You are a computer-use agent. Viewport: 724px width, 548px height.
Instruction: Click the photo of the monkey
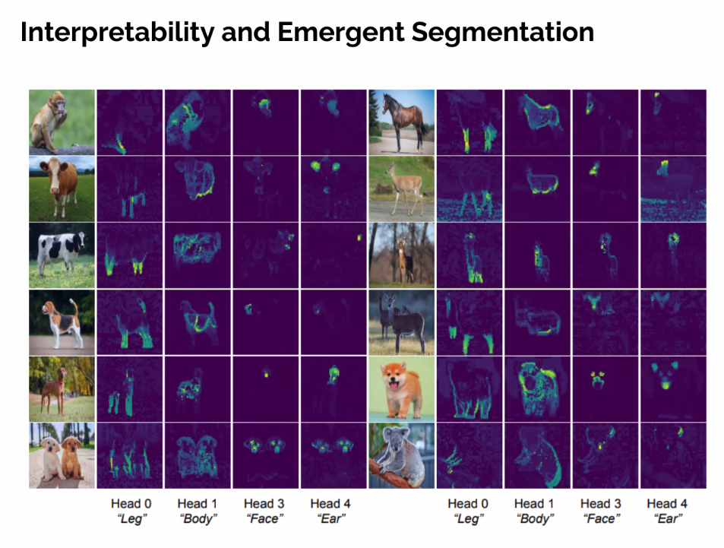point(62,122)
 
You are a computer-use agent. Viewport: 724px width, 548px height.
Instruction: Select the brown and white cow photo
point(62,188)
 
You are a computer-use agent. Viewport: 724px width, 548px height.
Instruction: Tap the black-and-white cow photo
point(62,255)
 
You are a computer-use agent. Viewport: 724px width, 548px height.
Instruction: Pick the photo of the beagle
point(62,322)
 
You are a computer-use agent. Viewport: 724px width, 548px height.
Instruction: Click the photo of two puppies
point(62,455)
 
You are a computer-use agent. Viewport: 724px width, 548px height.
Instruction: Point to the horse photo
point(401,122)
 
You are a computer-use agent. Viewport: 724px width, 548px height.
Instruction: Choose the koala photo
point(401,455)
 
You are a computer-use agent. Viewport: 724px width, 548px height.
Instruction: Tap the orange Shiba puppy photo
point(401,388)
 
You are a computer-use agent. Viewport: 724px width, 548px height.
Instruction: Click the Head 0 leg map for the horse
point(469,122)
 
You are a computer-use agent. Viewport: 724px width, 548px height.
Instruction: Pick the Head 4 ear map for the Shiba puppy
point(672,388)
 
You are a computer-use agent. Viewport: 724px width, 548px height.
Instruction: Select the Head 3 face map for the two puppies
point(264,455)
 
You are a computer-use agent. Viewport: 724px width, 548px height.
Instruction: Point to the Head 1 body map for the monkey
point(197,122)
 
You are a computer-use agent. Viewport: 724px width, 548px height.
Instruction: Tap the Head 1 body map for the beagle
point(197,322)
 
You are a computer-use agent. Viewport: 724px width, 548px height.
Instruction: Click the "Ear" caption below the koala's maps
point(667,518)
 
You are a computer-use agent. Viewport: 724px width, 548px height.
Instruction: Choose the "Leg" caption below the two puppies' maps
point(125,518)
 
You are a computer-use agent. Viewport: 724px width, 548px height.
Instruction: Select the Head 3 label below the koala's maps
point(600,503)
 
